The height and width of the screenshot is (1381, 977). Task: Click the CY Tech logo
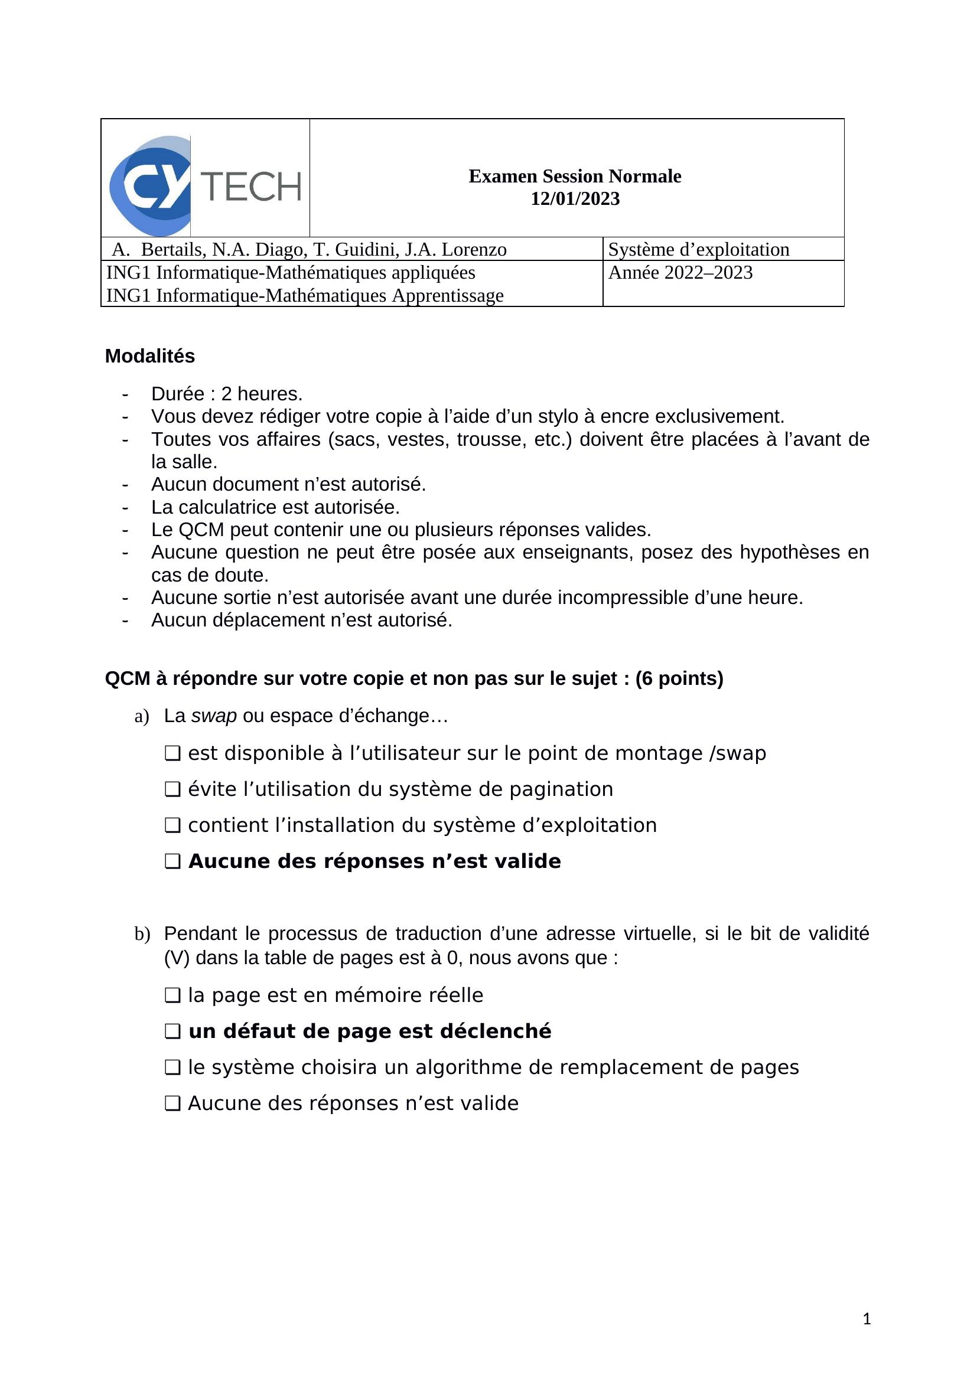[x=205, y=178]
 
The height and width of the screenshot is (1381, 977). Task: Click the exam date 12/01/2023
[x=575, y=199]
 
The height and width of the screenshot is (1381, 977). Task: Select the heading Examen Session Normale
[x=575, y=176]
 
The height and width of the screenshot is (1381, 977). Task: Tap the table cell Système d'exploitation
[x=698, y=249]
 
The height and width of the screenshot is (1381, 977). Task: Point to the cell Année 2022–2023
[x=680, y=272]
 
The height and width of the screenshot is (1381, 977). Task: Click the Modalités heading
[x=150, y=356]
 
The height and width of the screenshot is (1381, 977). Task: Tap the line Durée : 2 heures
[x=227, y=394]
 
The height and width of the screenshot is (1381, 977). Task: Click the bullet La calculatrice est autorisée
[x=275, y=507]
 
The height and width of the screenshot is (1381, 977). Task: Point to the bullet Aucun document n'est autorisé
[x=288, y=484]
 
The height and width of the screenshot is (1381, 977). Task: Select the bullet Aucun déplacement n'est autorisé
[x=301, y=620]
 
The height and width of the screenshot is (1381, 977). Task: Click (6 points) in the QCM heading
[x=679, y=678]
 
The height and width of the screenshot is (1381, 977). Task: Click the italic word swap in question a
[x=214, y=716]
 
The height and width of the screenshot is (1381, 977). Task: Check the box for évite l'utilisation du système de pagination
[x=172, y=789]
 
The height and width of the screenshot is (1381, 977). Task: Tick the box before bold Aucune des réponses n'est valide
[x=172, y=861]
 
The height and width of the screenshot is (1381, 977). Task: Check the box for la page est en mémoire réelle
[x=172, y=995]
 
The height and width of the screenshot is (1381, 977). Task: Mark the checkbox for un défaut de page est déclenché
[x=172, y=1031]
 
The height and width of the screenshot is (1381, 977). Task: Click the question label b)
[x=142, y=934]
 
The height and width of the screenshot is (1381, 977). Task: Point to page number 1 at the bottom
[x=867, y=1319]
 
